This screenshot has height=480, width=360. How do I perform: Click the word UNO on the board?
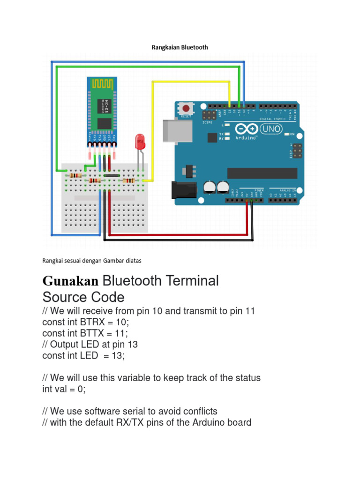click(x=270, y=127)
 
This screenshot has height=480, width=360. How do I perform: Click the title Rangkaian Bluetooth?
click(x=180, y=47)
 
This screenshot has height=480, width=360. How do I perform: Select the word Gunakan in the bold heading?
click(x=71, y=281)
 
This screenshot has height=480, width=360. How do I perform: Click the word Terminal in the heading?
click(x=194, y=281)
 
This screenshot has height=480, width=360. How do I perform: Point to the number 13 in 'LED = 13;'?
click(x=118, y=356)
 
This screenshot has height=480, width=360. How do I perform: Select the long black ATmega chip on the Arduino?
click(x=262, y=173)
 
